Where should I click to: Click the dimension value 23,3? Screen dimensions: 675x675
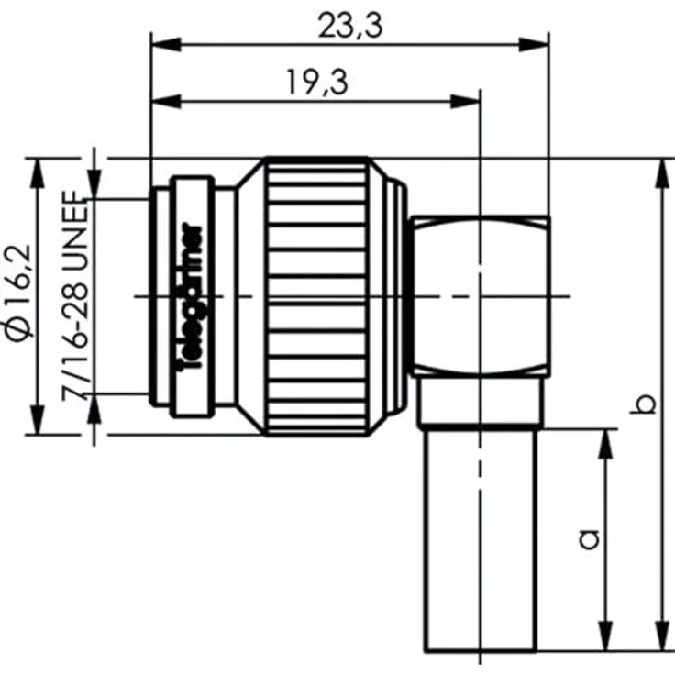(349, 26)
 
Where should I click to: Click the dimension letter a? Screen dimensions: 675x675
(591, 537)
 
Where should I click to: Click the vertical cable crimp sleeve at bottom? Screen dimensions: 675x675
(479, 541)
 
